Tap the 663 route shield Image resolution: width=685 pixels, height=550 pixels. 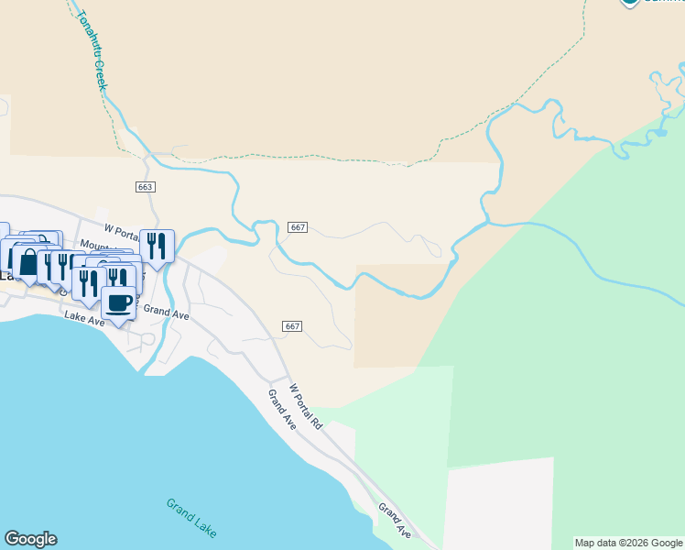pos(145,186)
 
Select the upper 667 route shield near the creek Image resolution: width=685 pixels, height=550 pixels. pos(297,227)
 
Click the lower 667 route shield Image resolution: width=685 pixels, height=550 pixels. pos(292,326)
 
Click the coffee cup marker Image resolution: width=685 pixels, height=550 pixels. pos(118,302)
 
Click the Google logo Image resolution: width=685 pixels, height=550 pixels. pos(30,539)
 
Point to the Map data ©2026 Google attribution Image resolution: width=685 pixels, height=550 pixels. pos(628,543)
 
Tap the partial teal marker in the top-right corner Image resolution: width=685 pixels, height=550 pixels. pos(629,3)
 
